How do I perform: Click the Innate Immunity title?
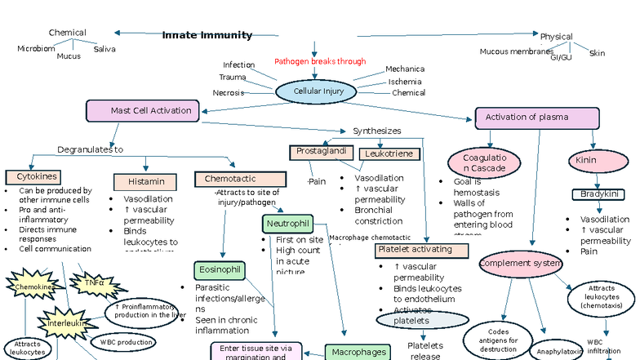207,35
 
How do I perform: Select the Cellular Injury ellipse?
314,91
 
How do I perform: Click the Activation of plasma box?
537,118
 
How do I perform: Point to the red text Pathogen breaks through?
320,61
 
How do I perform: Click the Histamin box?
145,181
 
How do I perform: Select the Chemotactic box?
240,178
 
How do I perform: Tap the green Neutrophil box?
287,223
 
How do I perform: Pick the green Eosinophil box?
220,269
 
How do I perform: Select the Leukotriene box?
389,153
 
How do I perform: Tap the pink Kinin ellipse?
587,160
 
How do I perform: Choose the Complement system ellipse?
521,263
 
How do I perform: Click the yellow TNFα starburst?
95,283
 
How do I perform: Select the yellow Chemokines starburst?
32,287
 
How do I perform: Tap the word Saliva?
104,49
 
